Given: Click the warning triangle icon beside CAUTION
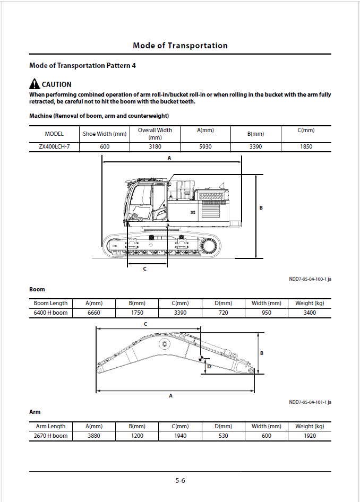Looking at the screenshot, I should pyautogui.click(x=35, y=84).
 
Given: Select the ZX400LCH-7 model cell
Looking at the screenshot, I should pyautogui.click(x=54, y=146).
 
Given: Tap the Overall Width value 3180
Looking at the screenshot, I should pyautogui.click(x=155, y=146).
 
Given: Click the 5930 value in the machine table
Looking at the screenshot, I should pyautogui.click(x=205, y=146).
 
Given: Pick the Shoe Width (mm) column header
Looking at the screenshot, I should pyautogui.click(x=105, y=134).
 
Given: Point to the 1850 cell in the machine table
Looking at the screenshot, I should pyautogui.click(x=306, y=146).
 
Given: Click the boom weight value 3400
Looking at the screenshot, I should pyautogui.click(x=310, y=313).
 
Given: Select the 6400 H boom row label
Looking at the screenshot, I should pyautogui.click(x=50, y=313).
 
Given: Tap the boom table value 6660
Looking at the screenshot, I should pyautogui.click(x=93, y=313).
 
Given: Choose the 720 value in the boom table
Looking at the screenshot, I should pyautogui.click(x=223, y=313).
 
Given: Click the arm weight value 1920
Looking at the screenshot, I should pyautogui.click(x=310, y=436).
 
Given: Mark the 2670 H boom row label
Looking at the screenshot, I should pyautogui.click(x=50, y=436).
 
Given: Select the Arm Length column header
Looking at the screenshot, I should pyautogui.click(x=50, y=426).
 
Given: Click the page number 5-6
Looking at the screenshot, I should pyautogui.click(x=180, y=481).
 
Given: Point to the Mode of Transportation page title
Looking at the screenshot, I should pyautogui.click(x=180, y=46).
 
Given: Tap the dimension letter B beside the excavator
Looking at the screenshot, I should pyautogui.click(x=261, y=208).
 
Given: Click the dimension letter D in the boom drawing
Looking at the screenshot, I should pyautogui.click(x=209, y=366).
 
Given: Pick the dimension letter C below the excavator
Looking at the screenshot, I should pyautogui.click(x=144, y=269).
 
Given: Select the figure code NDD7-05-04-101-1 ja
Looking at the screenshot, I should pyautogui.click(x=310, y=402).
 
